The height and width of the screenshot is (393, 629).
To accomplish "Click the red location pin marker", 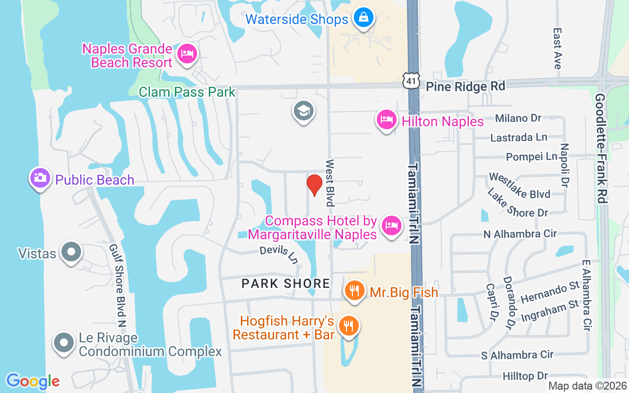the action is tap(314, 185).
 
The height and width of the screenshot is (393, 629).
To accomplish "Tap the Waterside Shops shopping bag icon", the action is tap(363, 18).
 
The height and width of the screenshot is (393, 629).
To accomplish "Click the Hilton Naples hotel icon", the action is tap(387, 119).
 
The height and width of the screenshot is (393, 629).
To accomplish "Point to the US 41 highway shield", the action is tap(410, 81).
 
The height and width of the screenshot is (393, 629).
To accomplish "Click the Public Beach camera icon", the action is tap(40, 178).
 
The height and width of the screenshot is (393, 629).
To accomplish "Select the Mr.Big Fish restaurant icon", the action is tap(353, 290).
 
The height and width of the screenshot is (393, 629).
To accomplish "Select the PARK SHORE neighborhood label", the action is tap(286, 283).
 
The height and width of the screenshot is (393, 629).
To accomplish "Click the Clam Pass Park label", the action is tap(187, 92).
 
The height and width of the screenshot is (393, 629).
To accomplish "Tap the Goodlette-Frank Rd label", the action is tap(600, 148).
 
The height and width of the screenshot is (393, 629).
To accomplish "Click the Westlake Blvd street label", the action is tap(519, 185).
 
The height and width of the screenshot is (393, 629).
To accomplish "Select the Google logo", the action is tap(33, 381).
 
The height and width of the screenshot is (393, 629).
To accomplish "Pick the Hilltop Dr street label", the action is tap(525, 376).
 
